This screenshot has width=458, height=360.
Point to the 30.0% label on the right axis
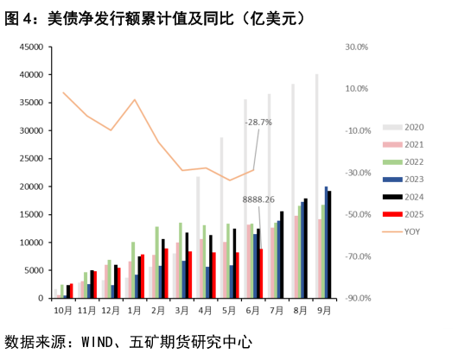click(x=357, y=47)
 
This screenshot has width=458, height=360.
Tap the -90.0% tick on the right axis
click(x=357, y=299)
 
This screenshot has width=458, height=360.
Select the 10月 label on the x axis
click(x=62, y=308)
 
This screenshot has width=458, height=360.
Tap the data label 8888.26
click(x=258, y=199)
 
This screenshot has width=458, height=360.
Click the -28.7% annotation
click(x=258, y=122)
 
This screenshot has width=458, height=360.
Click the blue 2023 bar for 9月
click(x=326, y=242)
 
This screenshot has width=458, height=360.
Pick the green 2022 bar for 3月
click(x=181, y=260)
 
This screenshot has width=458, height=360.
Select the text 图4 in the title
click(x=18, y=17)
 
